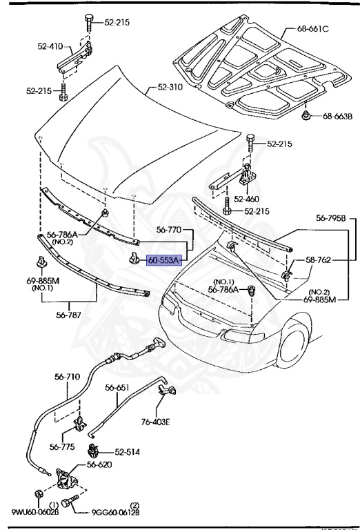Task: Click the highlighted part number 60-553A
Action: [x=163, y=260]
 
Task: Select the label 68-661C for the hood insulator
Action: [x=312, y=29]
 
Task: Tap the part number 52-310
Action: [x=170, y=87]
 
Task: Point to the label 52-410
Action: [x=50, y=46]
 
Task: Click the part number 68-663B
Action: [x=337, y=116]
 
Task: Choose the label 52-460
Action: [x=246, y=199]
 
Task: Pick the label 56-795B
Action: [x=330, y=218]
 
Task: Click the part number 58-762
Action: [x=318, y=260]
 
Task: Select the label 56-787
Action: [x=68, y=315]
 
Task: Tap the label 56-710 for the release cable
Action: [x=67, y=377]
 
